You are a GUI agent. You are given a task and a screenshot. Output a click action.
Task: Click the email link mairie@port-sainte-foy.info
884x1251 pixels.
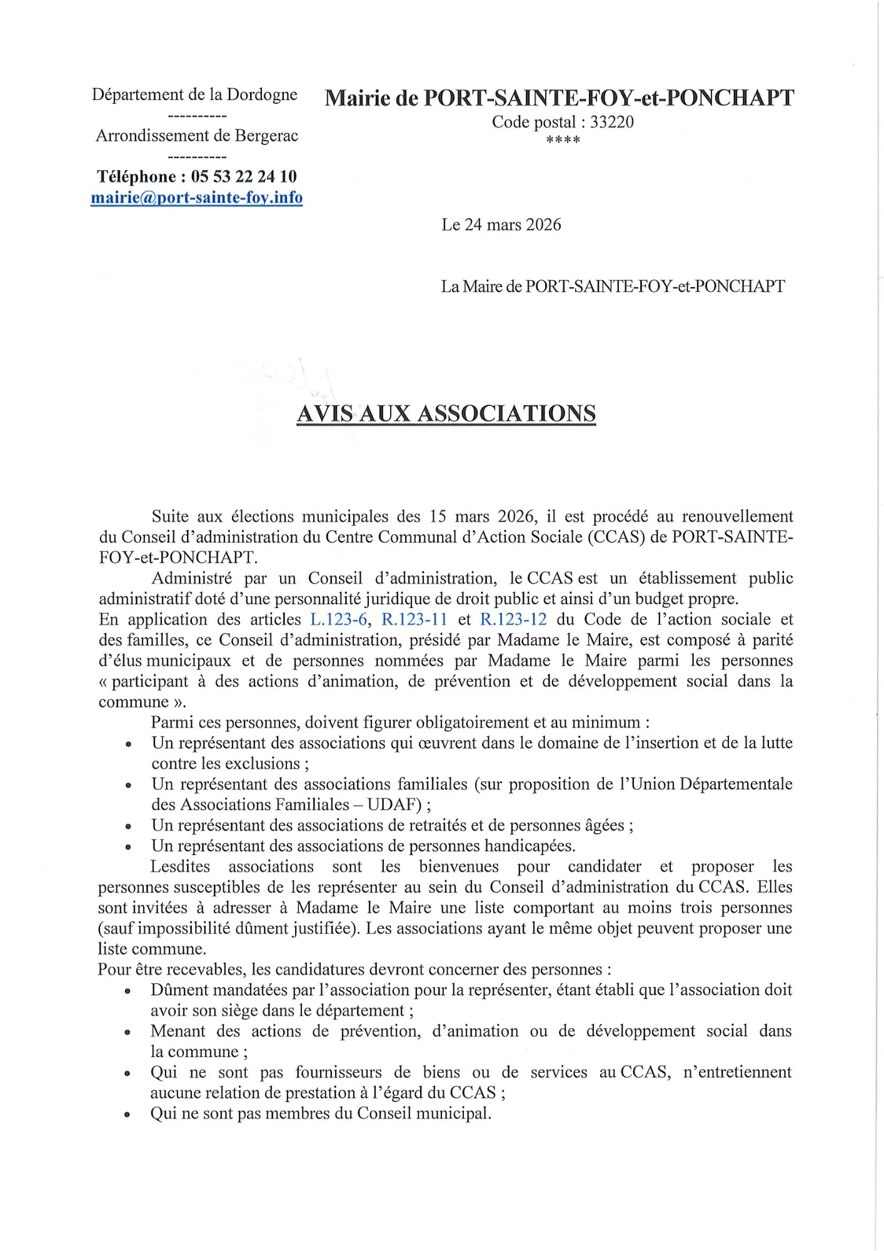[x=196, y=198]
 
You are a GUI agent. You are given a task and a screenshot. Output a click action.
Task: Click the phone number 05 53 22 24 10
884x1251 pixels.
[x=244, y=176]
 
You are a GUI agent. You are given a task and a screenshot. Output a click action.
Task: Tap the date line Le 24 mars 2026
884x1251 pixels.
[x=501, y=225]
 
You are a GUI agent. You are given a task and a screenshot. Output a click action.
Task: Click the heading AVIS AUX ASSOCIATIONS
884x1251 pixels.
[x=446, y=413]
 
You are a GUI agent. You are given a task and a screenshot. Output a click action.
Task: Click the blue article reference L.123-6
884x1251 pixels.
[x=338, y=619]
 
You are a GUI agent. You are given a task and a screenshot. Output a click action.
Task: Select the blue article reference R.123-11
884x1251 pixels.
[x=414, y=619]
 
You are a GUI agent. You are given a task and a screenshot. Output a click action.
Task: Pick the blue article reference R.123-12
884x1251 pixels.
[x=513, y=619]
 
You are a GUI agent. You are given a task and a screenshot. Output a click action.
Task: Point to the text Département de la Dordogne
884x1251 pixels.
[x=194, y=94]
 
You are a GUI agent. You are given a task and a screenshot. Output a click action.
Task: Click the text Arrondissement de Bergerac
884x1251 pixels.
[x=196, y=136]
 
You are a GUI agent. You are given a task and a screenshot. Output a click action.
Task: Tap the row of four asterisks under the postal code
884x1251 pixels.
[x=563, y=140]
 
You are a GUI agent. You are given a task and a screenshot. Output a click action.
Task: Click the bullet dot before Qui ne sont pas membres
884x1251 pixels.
[x=128, y=1115]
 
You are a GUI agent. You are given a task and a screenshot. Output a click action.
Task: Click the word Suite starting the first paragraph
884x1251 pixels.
[x=170, y=517]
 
